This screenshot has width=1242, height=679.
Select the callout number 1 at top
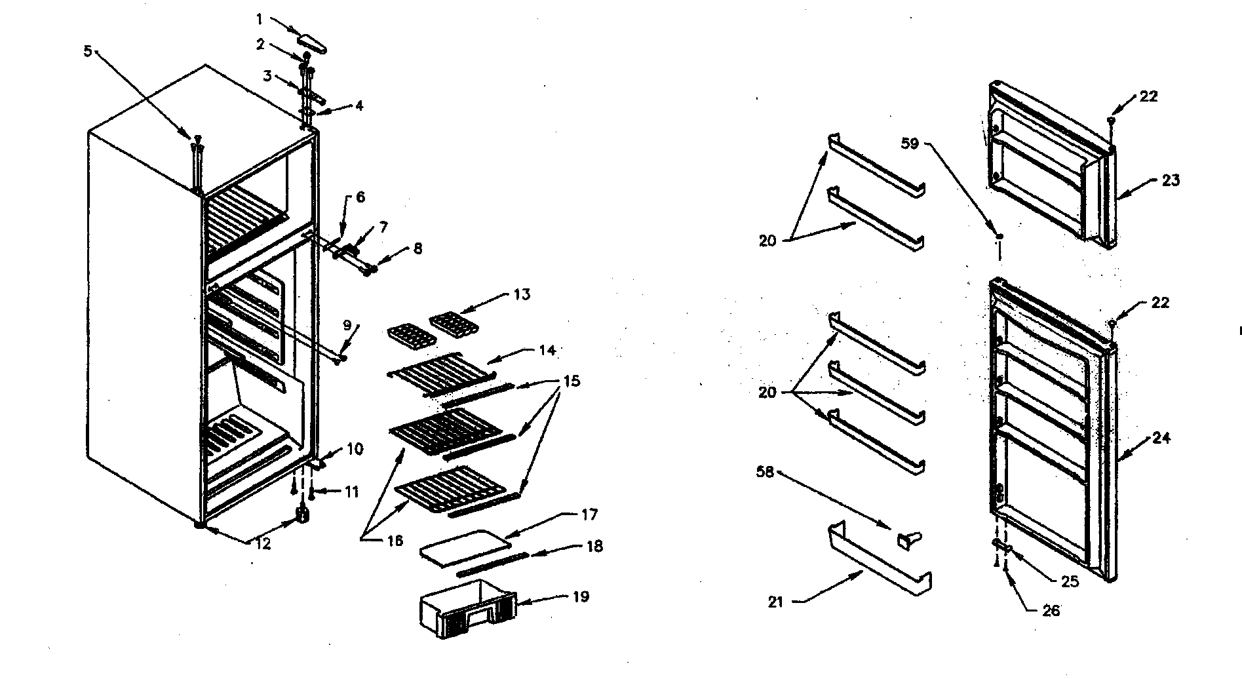[x=260, y=18]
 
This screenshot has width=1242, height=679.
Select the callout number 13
[x=522, y=294]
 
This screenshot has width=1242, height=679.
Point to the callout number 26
[x=1051, y=611]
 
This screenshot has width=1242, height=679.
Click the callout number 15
[x=572, y=381]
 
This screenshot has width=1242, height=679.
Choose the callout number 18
[x=594, y=547]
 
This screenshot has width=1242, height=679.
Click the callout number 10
[x=354, y=450]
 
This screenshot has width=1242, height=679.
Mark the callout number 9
[x=347, y=325]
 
